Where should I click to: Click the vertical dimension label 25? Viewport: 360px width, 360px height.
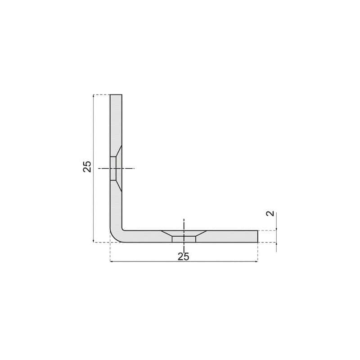pyautogui.click(x=87, y=166)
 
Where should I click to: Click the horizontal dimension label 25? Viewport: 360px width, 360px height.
pyautogui.click(x=184, y=256)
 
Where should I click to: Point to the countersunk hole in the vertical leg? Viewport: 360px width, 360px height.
pyautogui.click(x=116, y=168)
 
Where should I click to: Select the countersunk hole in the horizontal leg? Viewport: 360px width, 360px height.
pyautogui.click(x=184, y=236)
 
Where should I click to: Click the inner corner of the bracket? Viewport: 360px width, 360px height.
pyautogui.click(x=122, y=229)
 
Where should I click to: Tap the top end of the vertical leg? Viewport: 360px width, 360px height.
pyautogui.click(x=116, y=94)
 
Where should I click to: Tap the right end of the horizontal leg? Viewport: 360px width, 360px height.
pyautogui.click(x=257, y=236)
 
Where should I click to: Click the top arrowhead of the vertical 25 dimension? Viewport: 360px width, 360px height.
pyautogui.click(x=93, y=96)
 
